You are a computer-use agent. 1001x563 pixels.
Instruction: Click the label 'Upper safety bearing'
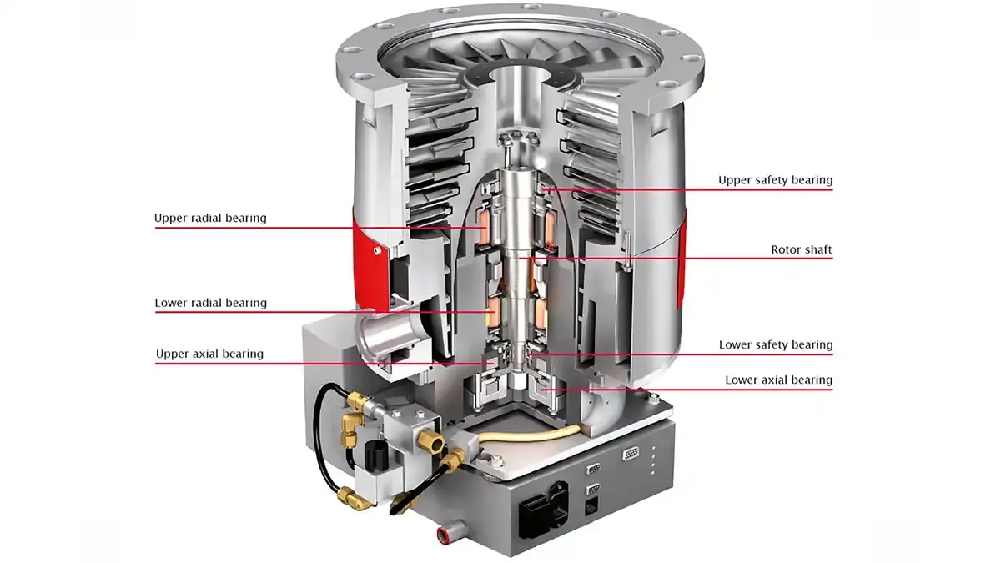click(x=775, y=180)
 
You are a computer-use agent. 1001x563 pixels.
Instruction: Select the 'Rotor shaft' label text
click(x=801, y=249)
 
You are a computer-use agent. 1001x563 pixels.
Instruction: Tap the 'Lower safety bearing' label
click(x=775, y=344)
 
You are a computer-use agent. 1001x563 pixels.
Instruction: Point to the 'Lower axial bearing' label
click(x=778, y=380)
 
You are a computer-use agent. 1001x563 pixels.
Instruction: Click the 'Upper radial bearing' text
click(x=210, y=219)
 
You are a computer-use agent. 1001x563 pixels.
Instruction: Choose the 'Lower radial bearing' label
click(x=210, y=303)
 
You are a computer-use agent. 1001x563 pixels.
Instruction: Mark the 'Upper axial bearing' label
click(x=209, y=354)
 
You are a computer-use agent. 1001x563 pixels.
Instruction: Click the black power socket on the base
click(x=536, y=509)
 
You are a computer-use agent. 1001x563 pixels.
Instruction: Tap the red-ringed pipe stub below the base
click(x=445, y=532)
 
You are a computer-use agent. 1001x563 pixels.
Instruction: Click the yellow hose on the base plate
click(x=534, y=434)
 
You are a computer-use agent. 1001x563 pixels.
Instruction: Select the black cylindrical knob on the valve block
click(x=373, y=458)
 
